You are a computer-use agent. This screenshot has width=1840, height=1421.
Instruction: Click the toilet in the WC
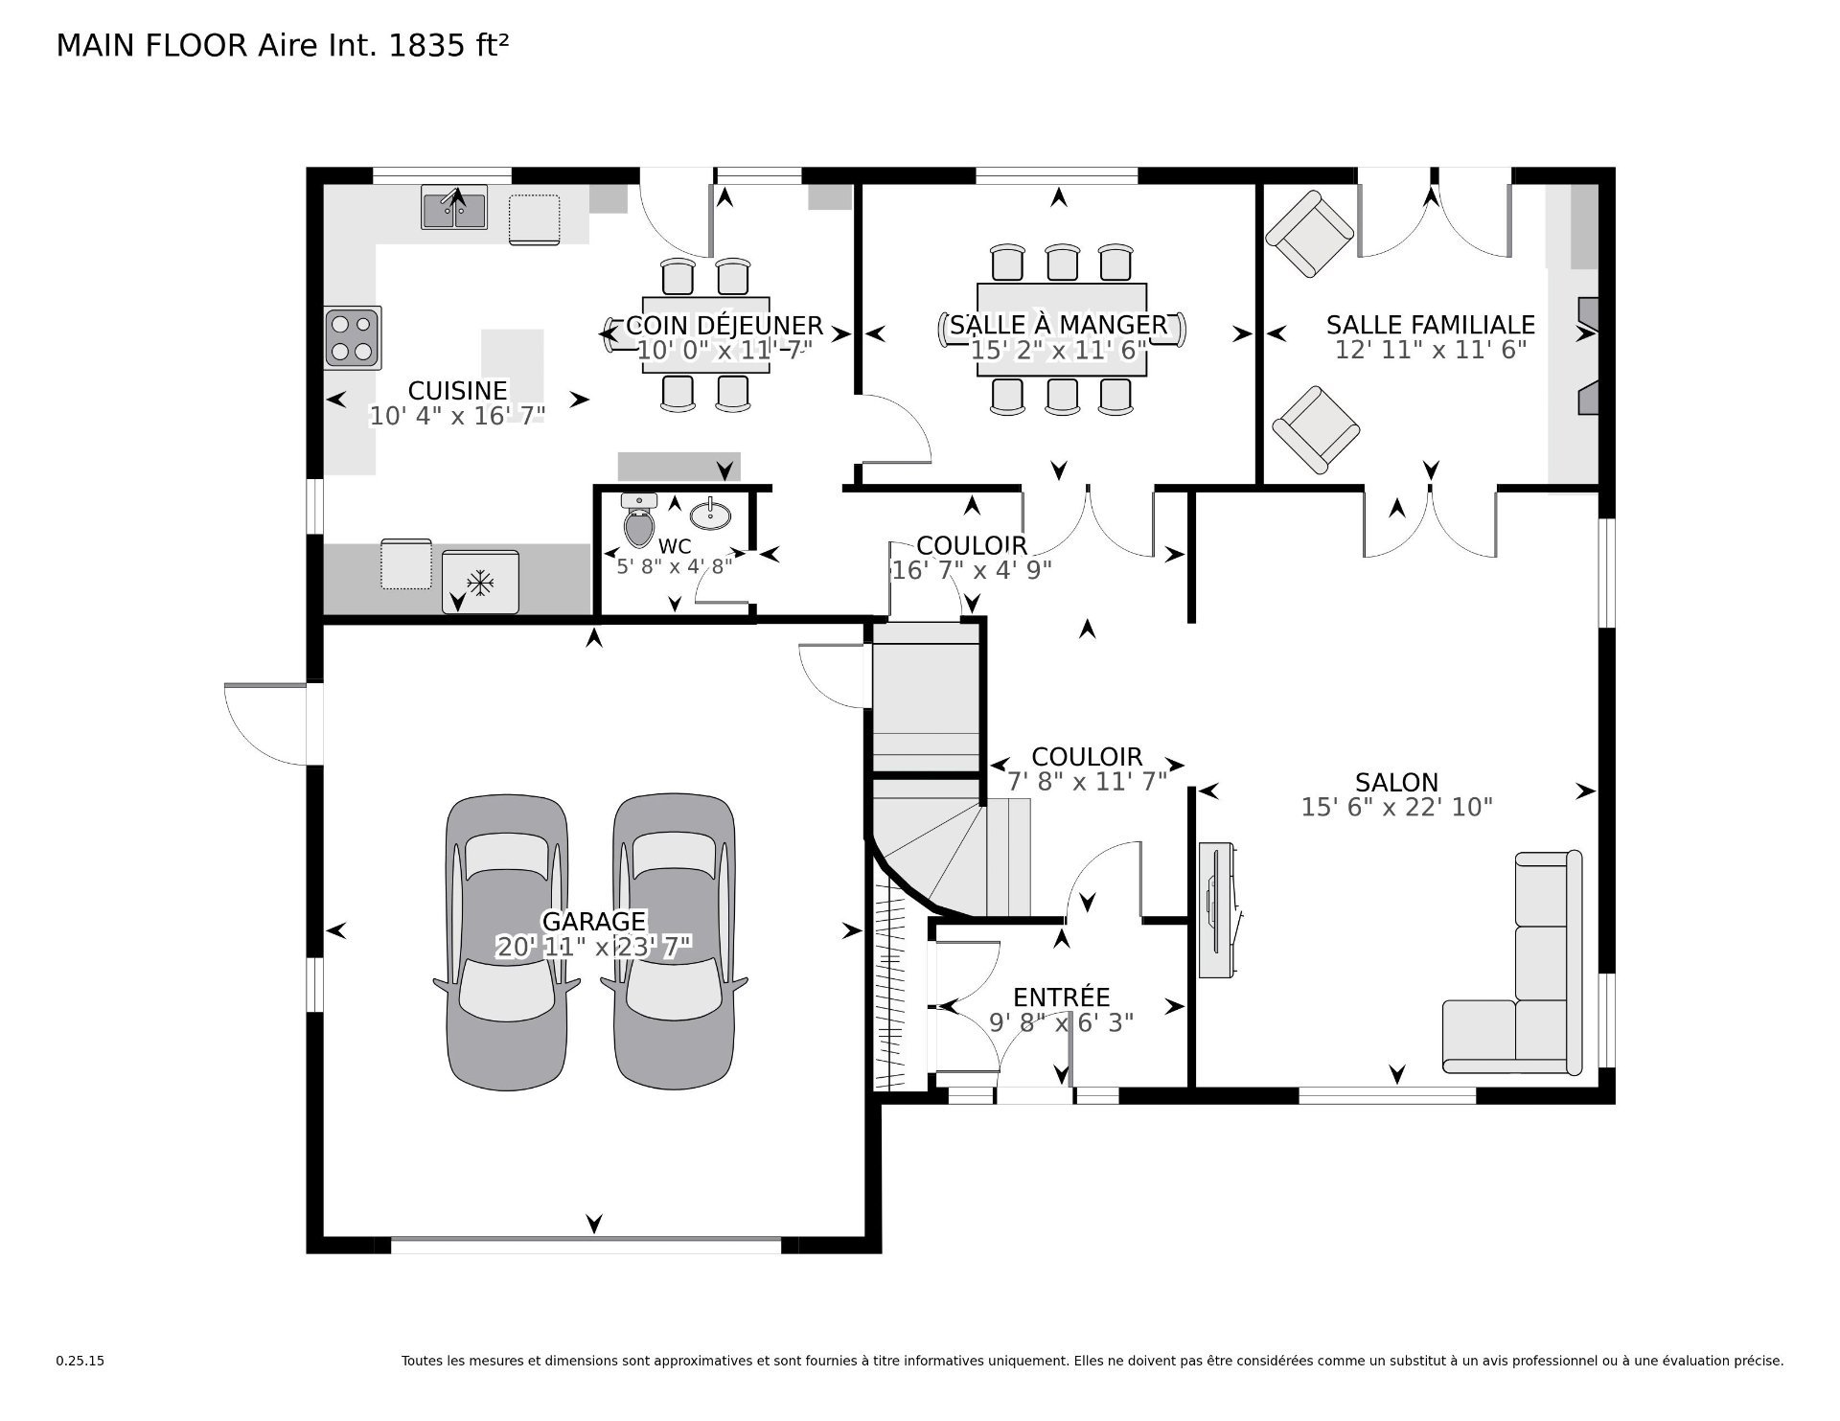click(x=638, y=519)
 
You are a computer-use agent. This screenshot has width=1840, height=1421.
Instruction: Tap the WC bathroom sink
click(x=710, y=514)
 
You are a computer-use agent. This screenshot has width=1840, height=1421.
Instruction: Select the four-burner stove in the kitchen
click(x=353, y=337)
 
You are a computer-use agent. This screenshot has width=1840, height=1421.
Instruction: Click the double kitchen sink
click(x=454, y=208)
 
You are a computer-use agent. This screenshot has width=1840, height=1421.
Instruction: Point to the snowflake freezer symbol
click(x=479, y=582)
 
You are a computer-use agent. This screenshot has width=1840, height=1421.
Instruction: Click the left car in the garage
click(x=507, y=942)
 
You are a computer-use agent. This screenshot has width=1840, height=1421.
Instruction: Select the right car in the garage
click(x=675, y=942)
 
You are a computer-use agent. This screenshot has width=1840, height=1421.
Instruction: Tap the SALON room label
click(x=1396, y=783)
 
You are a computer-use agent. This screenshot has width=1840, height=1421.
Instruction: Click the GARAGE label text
click(x=594, y=922)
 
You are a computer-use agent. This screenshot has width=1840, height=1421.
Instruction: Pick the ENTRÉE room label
click(x=1061, y=997)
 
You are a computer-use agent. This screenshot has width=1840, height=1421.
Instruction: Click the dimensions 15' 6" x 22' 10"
click(x=1396, y=808)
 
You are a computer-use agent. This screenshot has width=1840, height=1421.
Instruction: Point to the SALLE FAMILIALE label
click(x=1430, y=325)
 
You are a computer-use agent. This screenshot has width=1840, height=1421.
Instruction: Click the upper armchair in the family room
click(x=1310, y=234)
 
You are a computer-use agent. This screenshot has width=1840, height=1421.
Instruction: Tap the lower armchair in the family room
click(x=1316, y=430)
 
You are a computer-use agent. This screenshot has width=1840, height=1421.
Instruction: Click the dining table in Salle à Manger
click(x=1061, y=330)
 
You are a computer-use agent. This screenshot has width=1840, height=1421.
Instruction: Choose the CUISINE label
click(x=457, y=391)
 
